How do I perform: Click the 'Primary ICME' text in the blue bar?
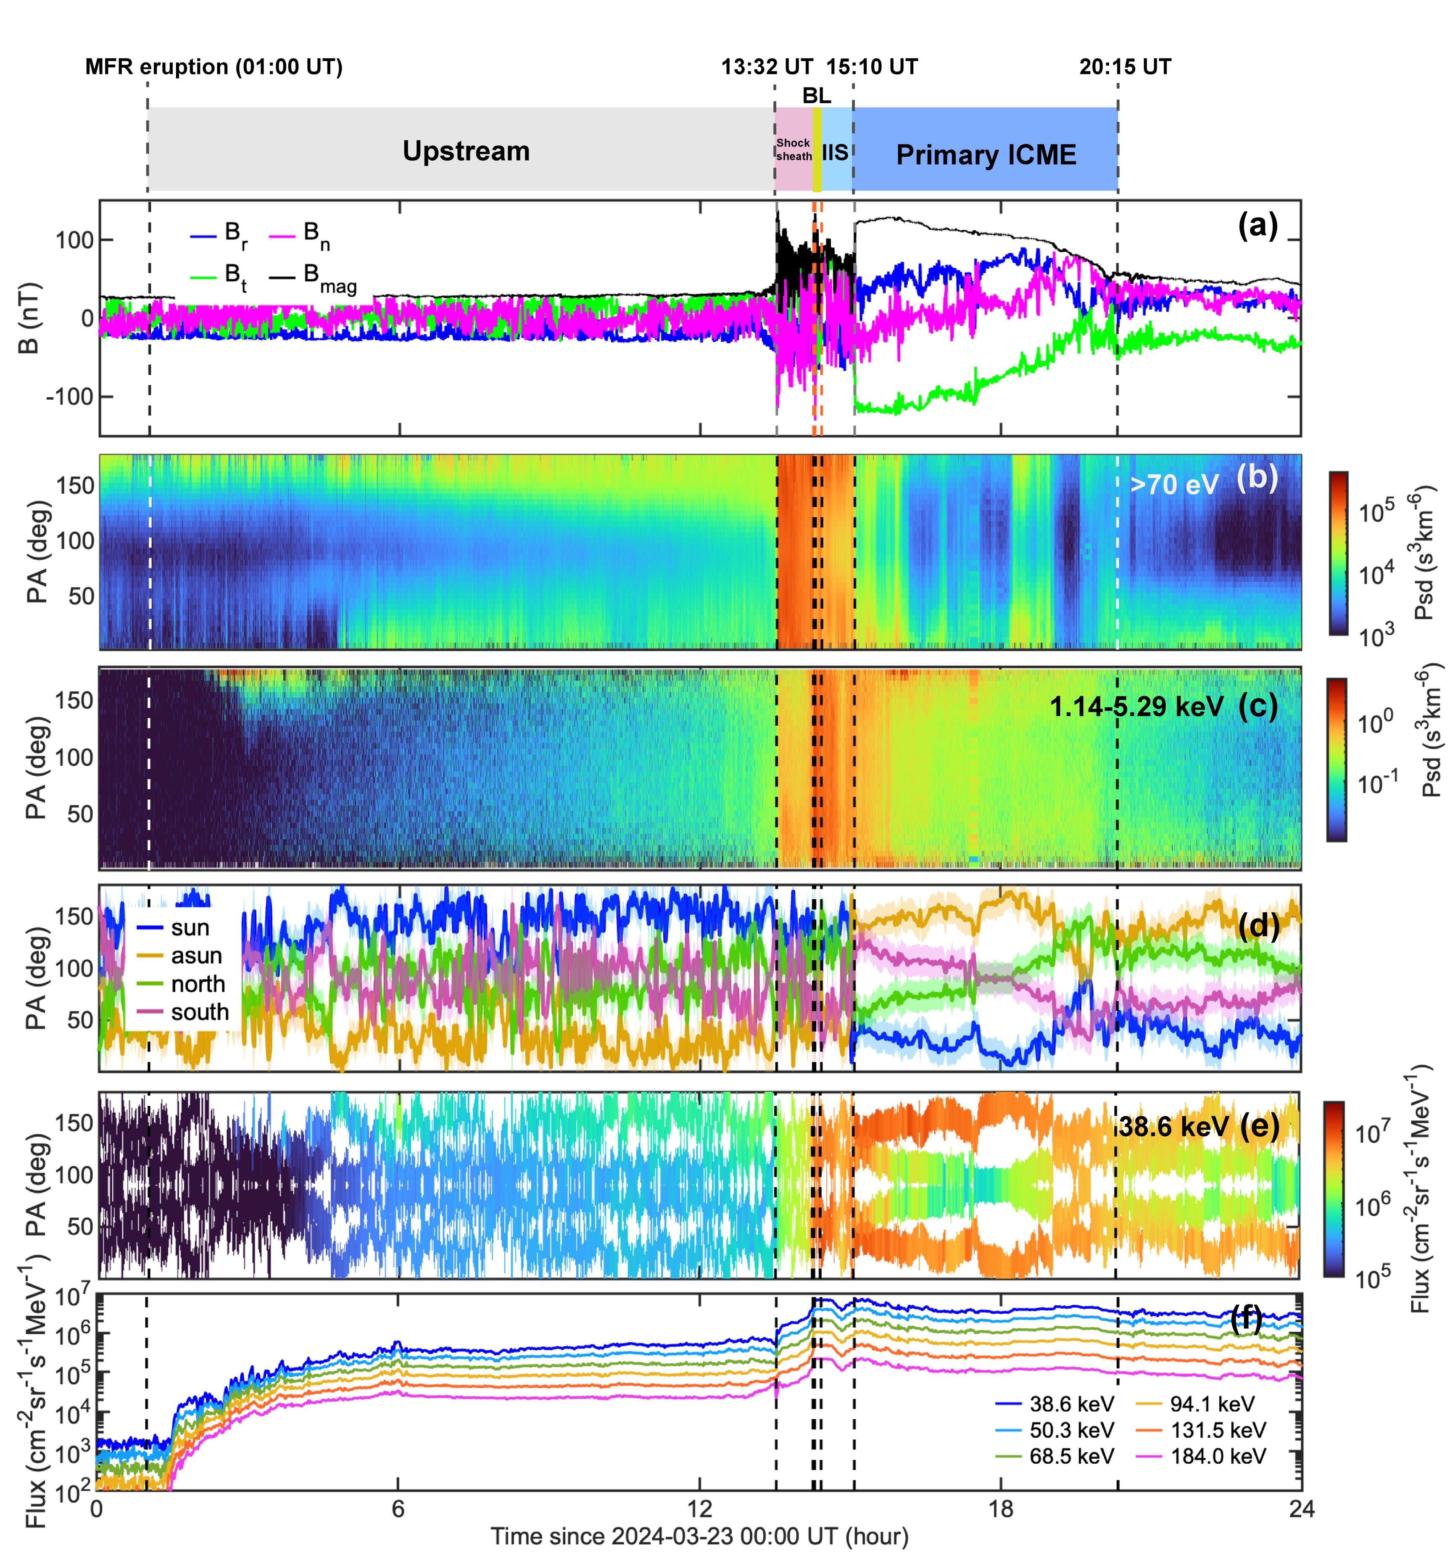point(986,155)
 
